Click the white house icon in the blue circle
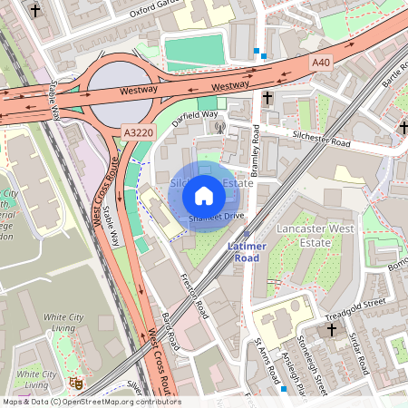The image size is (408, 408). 204,195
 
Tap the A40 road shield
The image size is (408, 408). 321,63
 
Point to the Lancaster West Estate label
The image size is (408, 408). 316,237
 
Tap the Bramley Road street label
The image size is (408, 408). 256,152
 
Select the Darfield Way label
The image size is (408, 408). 196,115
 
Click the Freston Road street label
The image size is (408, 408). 194,296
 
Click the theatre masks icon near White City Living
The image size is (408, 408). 77,384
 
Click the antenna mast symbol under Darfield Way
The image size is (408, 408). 218,126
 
